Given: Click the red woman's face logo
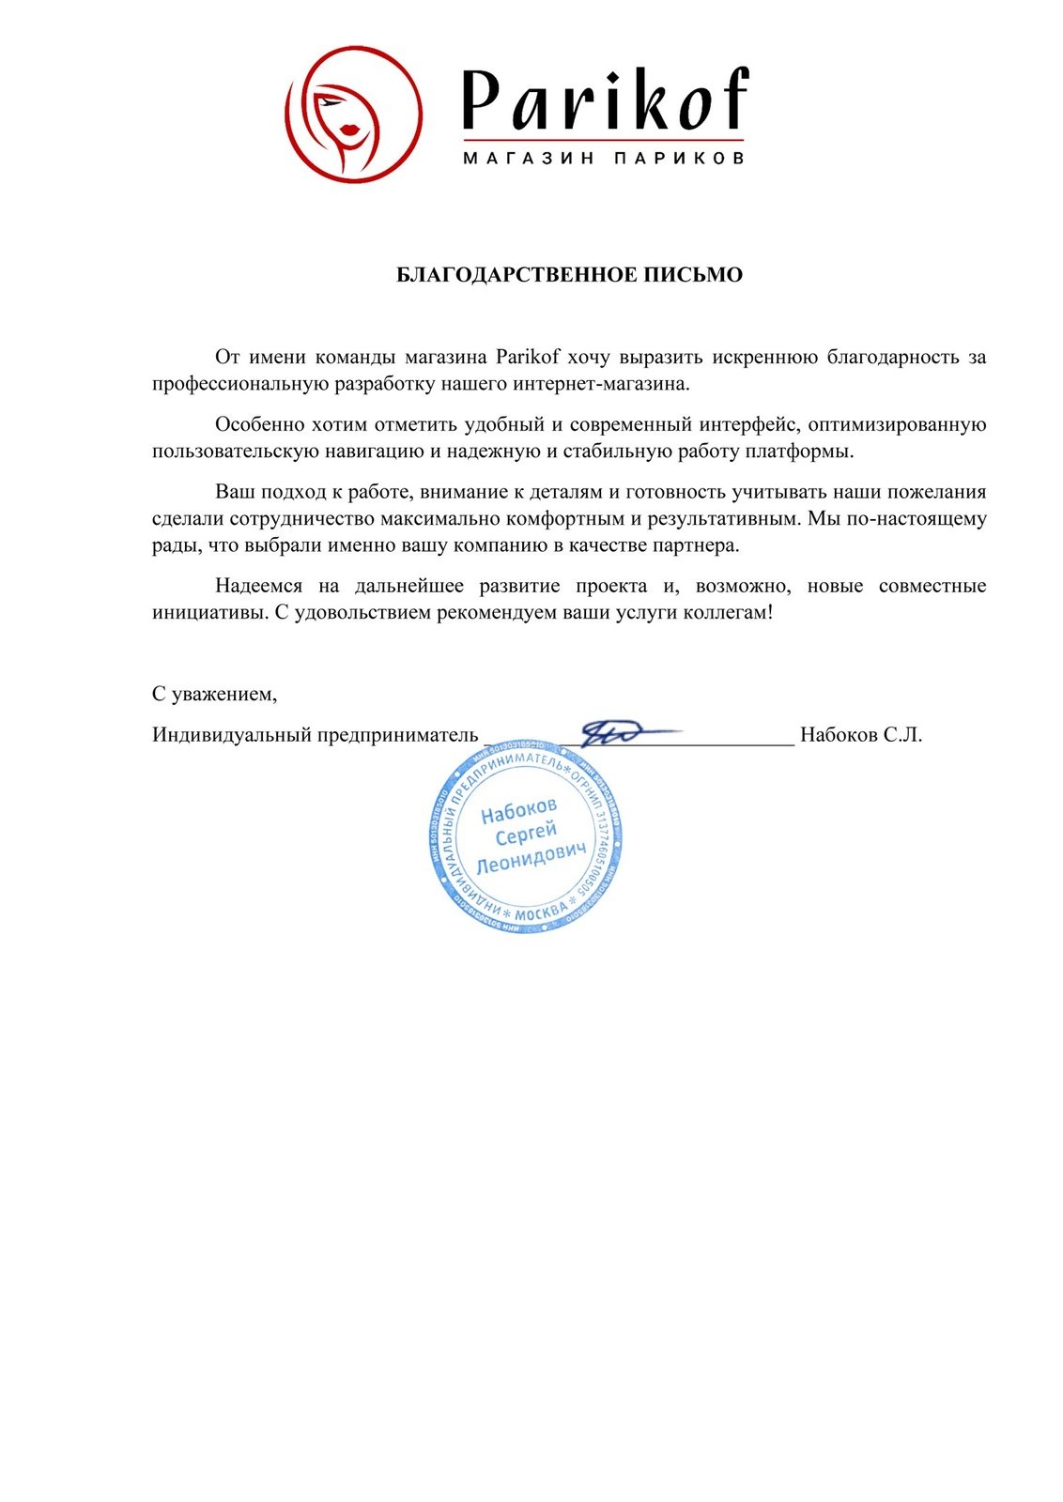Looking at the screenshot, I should (353, 114).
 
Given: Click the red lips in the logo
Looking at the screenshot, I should (350, 129).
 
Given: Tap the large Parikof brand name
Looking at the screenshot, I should (605, 100).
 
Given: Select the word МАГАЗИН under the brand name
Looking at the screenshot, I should (529, 158).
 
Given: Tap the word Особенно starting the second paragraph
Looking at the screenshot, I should (260, 424).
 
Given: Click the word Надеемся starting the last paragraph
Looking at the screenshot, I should (258, 586).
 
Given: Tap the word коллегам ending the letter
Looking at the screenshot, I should (729, 612).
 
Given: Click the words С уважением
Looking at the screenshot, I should (214, 694).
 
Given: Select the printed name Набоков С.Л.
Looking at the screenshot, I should (861, 734).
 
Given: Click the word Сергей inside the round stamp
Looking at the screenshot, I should (526, 834).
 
